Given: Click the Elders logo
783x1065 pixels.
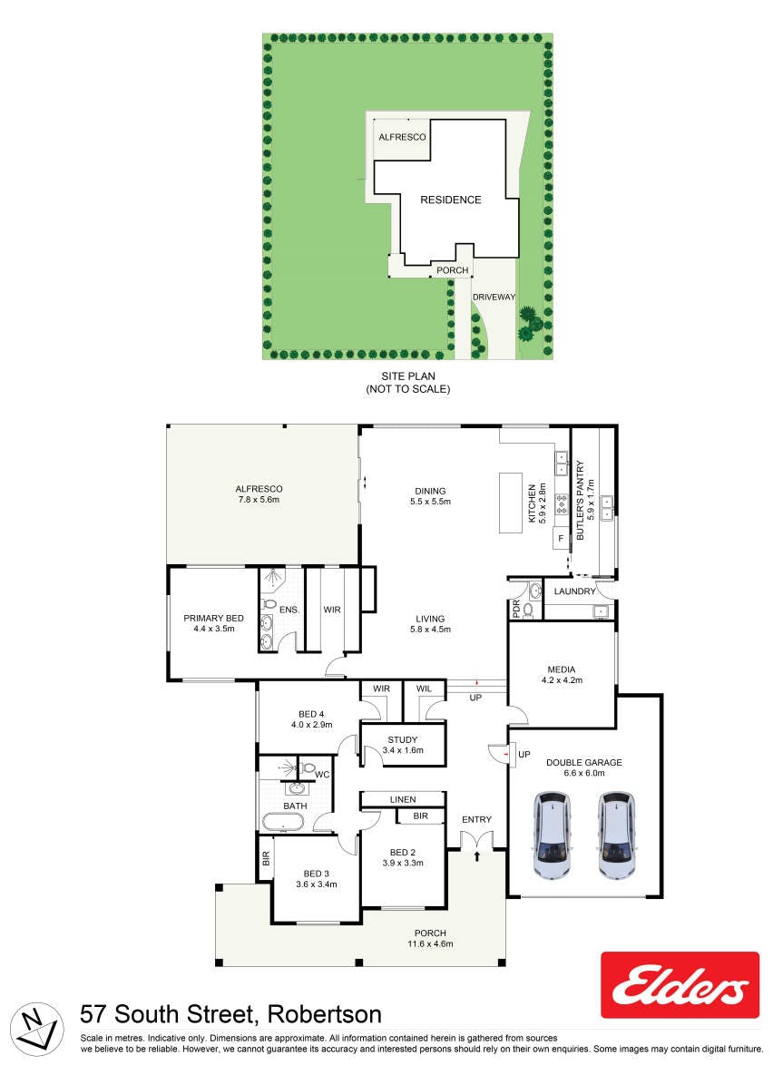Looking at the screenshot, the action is coord(680,984).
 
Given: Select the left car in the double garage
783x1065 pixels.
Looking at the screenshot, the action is coord(553,835).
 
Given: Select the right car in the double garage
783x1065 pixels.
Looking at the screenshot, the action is coord(616,835).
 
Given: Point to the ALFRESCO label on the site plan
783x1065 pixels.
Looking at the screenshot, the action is coord(402,137).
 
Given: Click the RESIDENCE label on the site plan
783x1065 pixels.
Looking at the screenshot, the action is coord(450,200).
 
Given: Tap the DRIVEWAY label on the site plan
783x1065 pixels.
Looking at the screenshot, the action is coord(494,297).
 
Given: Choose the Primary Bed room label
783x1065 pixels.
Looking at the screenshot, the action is coord(213,618).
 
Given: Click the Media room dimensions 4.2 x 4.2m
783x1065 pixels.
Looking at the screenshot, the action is coord(562,679).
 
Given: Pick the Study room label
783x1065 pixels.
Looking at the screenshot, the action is coord(403,739).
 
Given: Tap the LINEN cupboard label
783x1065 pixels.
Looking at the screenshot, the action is coord(403,799).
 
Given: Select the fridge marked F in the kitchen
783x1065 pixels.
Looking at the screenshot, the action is coord(561,538).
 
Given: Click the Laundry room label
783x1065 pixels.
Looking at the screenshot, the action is coord(574,591).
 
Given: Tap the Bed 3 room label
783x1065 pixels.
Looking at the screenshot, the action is coord(317,874).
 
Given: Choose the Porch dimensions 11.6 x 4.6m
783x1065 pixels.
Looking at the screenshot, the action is coord(430,943).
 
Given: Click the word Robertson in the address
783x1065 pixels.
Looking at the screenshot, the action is coord(325,1014).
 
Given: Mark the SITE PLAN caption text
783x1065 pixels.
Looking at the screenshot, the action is coord(408,376).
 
